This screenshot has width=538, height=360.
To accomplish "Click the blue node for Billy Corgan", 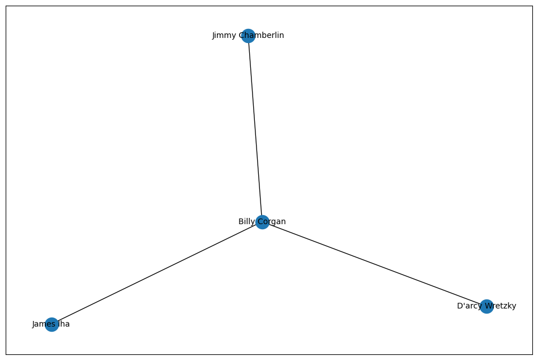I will (262, 222).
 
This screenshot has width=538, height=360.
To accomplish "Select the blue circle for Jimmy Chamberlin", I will (248, 36).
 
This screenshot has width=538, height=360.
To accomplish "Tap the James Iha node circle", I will (52, 324).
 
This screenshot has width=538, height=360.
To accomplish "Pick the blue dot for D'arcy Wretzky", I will (486, 306).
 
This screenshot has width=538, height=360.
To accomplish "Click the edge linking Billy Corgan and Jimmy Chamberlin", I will (255, 129).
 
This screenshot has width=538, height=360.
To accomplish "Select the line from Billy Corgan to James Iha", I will (157, 273).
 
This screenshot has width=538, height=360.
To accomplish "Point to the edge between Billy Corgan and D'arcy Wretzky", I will (374, 264).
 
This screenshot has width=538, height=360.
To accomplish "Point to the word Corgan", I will (272, 222).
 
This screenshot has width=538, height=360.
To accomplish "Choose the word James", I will (42, 324).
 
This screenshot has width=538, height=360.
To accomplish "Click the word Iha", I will (63, 324).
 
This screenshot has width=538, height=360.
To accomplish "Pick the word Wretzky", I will (499, 306).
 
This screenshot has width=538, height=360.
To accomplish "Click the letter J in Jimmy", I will (214, 36).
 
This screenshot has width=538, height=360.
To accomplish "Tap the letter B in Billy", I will (241, 222).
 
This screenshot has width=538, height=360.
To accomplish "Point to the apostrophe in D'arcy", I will (463, 305).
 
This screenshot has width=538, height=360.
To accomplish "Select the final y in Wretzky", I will (514, 307).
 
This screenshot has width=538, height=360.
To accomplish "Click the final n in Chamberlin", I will (282, 36).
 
